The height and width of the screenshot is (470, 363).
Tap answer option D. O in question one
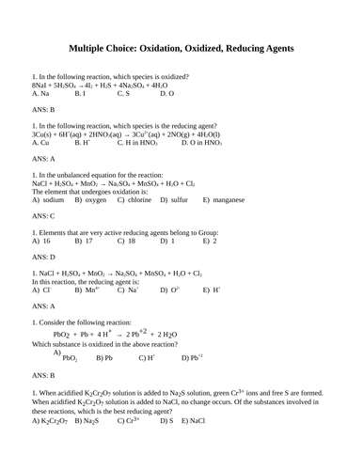click(166, 94)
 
